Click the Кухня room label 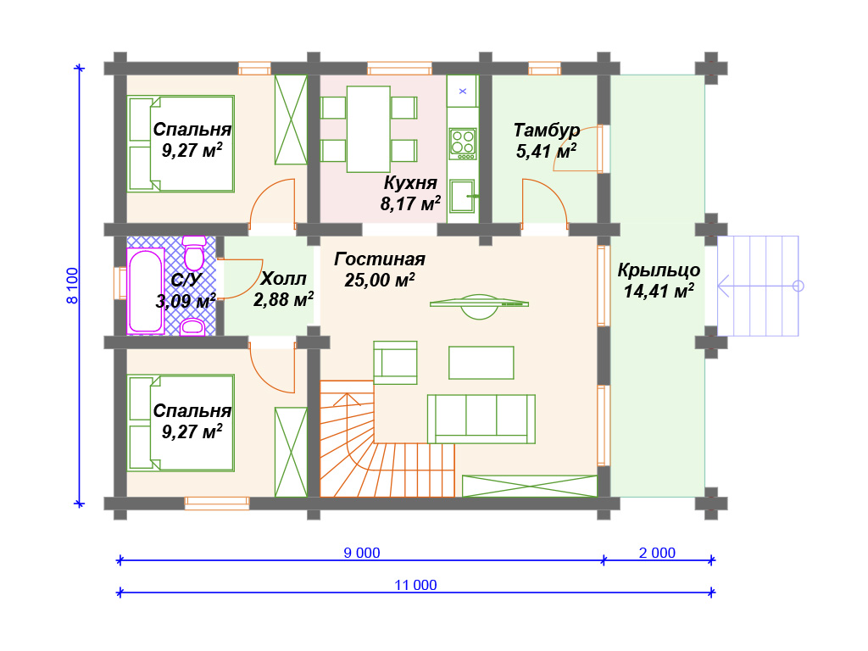tap(410, 183)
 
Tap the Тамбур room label tap(547, 130)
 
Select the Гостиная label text tap(380, 259)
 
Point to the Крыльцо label tap(659, 270)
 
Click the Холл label tap(283, 278)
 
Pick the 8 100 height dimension tap(73, 286)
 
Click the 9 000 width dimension tap(362, 553)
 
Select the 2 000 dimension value tap(657, 553)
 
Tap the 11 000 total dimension tap(415, 585)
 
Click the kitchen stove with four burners tap(463, 144)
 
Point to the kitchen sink tap(462, 196)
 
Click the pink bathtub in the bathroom tap(146, 292)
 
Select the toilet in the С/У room tap(194, 253)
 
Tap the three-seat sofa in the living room tap(481, 419)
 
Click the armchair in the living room tap(395, 363)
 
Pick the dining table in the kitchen tap(369, 129)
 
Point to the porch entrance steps tap(758, 286)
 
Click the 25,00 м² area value tap(380, 280)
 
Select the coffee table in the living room tap(481, 363)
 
